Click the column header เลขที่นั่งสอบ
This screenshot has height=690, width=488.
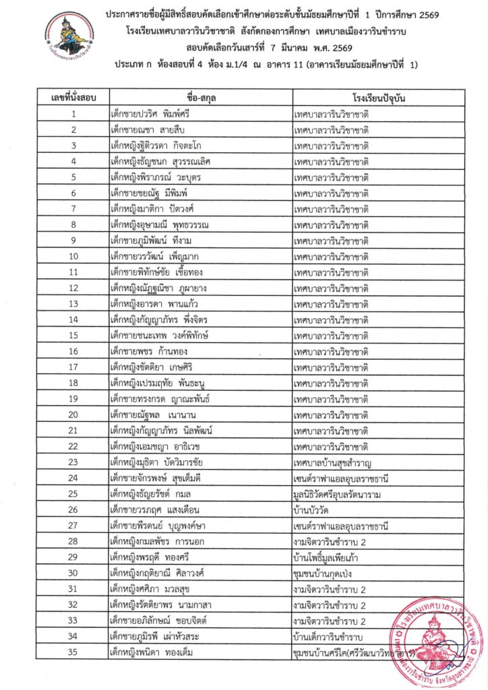73,98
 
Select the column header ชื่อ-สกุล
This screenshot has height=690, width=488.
200,98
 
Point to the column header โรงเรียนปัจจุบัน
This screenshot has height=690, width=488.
378,98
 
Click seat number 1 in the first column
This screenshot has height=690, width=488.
73,114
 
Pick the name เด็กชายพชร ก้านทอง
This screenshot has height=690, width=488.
150,350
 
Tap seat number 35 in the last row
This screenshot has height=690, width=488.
73,651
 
